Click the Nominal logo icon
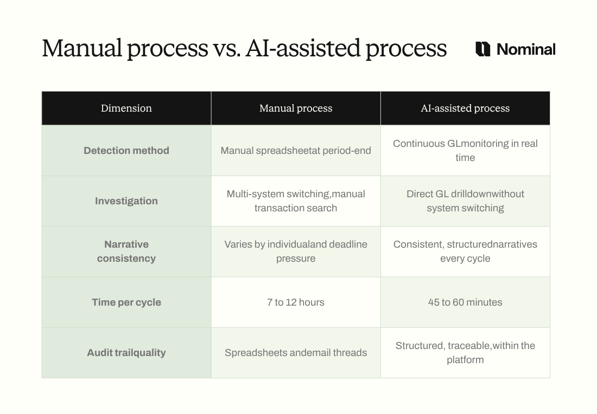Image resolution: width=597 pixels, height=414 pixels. point(482,49)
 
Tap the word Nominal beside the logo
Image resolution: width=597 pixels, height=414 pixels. point(526,49)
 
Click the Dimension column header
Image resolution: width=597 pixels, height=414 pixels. point(126,108)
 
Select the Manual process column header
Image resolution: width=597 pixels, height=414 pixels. point(296,108)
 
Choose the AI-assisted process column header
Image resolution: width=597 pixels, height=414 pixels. point(465,108)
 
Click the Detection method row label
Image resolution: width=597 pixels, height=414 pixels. point(126,151)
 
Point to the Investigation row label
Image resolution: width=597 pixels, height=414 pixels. point(126,201)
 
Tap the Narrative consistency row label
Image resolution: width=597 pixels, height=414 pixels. point(126,251)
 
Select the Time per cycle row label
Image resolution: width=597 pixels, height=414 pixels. point(126,302)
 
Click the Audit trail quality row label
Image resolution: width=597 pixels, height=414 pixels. point(126,353)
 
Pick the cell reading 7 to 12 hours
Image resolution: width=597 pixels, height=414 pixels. point(296,302)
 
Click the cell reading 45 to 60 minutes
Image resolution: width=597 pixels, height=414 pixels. point(465,302)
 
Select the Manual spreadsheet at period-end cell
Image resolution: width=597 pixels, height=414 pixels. point(296,151)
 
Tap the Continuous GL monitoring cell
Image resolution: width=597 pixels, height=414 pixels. point(465,151)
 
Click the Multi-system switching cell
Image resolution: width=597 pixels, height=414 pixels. point(296,201)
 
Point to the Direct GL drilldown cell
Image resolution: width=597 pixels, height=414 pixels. point(465,201)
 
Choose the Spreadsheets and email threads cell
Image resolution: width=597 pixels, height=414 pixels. point(296,353)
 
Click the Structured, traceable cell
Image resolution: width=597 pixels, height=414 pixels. point(465,353)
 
